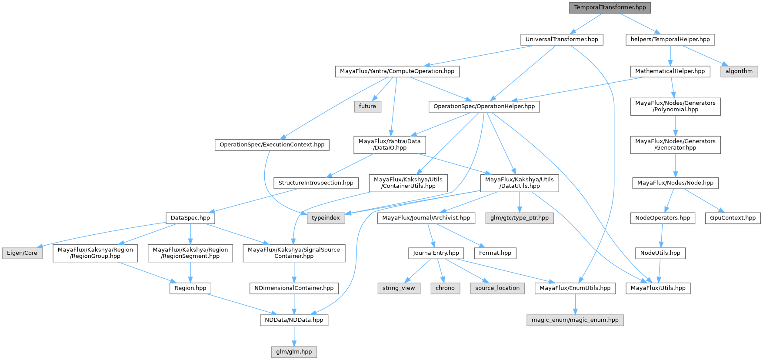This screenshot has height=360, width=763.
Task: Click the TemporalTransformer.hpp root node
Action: pyautogui.click(x=610, y=7)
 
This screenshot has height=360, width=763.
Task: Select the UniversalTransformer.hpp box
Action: pyautogui.click(x=562, y=39)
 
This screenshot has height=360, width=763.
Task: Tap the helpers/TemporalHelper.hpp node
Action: pyautogui.click(x=670, y=39)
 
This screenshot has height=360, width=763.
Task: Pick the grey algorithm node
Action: pyautogui.click(x=739, y=71)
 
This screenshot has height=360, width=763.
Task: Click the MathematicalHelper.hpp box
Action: pyautogui.click(x=670, y=71)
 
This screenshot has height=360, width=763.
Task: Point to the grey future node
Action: pyautogui.click(x=367, y=107)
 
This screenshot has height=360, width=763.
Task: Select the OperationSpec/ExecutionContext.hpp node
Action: pyautogui.click(x=272, y=145)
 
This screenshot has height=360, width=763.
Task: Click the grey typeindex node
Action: pyautogui.click(x=326, y=218)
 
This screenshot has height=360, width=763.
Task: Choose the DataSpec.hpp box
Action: pyautogui.click(x=190, y=218)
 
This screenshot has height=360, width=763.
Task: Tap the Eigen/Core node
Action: pyautogui.click(x=22, y=253)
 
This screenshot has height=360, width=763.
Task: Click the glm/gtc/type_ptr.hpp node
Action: pyautogui.click(x=519, y=218)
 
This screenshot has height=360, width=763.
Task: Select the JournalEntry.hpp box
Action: pyautogui.click(x=436, y=253)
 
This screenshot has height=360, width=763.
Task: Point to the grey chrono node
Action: pyautogui.click(x=445, y=288)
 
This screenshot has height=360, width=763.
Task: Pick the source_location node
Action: pyautogui.click(x=497, y=288)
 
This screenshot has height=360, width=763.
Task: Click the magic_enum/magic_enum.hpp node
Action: pyautogui.click(x=575, y=320)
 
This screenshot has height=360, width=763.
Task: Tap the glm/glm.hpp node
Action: pyautogui.click(x=294, y=352)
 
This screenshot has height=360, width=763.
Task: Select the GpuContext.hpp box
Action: pyautogui.click(x=733, y=218)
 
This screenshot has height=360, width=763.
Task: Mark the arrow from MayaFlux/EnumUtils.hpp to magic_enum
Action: pyautogui.click(x=575, y=304)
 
